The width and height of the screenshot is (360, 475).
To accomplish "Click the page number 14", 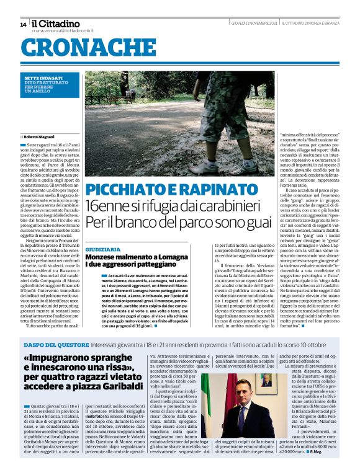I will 23,25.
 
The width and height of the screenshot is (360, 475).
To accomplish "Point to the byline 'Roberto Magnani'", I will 43,137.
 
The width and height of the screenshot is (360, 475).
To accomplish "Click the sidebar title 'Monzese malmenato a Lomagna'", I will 129,257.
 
